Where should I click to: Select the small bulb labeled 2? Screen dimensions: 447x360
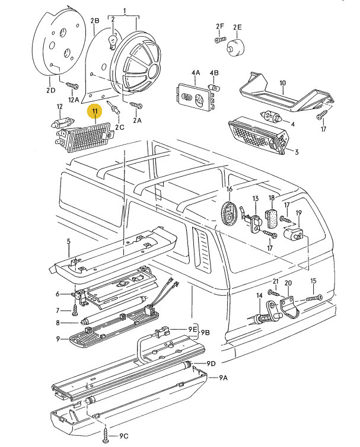[x=111, y=41]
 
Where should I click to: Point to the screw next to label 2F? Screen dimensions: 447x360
[x=219, y=40]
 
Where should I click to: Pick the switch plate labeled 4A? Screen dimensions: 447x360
[x=195, y=97]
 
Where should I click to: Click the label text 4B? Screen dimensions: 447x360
[x=214, y=73]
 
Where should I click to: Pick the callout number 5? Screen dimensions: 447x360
[x=68, y=241]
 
